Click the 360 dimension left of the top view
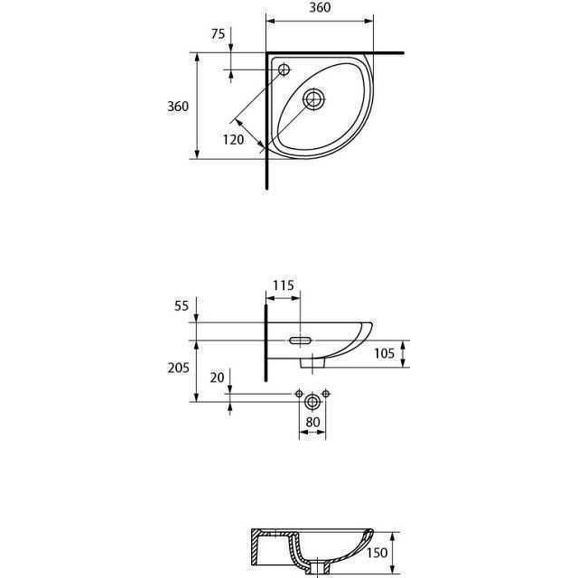(x=178, y=107)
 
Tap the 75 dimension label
(x=218, y=34)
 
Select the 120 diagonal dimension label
(x=233, y=140)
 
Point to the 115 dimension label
(x=283, y=285)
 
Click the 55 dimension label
(x=181, y=306)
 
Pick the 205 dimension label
(x=178, y=368)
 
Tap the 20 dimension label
(x=217, y=378)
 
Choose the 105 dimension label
(x=384, y=354)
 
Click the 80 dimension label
(x=313, y=422)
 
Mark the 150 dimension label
(x=377, y=553)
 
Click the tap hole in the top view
(x=284, y=69)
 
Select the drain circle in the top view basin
(x=314, y=99)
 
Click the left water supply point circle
(x=299, y=393)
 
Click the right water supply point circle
(x=326, y=393)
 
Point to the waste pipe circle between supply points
(x=312, y=402)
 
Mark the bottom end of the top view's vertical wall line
(x=267, y=188)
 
